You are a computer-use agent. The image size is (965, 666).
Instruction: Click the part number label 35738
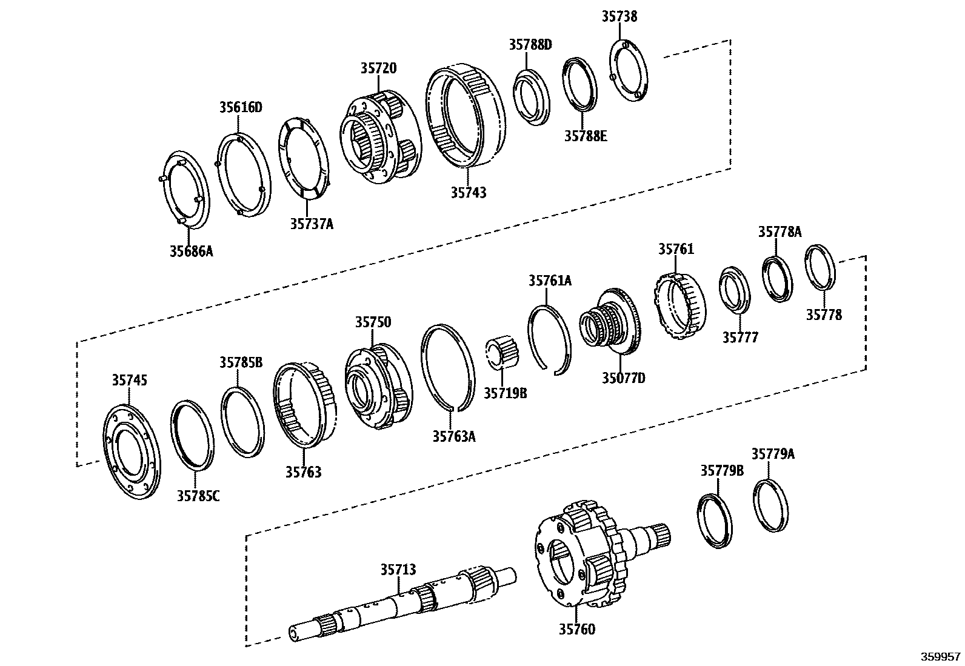pos(619,16)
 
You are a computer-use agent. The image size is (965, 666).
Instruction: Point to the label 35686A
pos(192,250)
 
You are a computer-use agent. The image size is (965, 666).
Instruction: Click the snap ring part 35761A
pos(549,338)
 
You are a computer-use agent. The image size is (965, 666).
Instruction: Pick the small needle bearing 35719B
pos(501,354)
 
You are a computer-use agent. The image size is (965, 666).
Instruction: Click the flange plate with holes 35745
pos(131,451)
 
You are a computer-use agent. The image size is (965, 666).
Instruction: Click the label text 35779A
pos(773,454)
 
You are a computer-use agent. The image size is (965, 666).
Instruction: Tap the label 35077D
pos(623,378)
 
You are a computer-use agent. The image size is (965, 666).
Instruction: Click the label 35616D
pos(241,107)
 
